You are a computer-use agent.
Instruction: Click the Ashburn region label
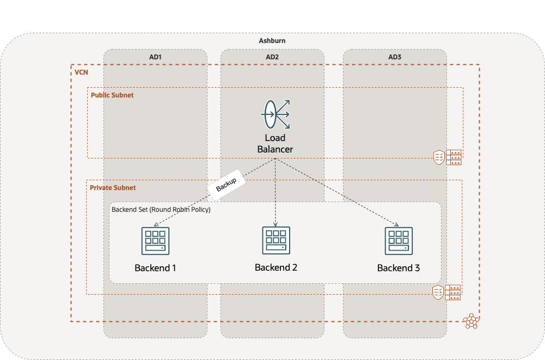(x=272, y=41)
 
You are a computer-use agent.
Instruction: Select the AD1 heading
(x=155, y=57)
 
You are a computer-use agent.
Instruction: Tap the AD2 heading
(x=272, y=57)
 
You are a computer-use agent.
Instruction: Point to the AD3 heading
(x=395, y=57)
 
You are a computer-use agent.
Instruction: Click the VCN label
(x=81, y=72)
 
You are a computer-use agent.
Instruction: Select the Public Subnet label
(x=112, y=95)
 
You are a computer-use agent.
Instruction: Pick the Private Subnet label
(x=113, y=187)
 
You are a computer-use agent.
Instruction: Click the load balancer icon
(x=275, y=114)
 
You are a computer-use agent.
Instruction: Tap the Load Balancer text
(x=275, y=143)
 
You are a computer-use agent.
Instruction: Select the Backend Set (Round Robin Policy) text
(x=161, y=209)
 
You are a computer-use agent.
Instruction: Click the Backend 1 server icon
(x=155, y=241)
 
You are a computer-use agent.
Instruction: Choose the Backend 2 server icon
(x=275, y=240)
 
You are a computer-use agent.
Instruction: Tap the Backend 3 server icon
(x=399, y=241)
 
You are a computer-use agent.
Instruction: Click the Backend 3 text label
(x=399, y=268)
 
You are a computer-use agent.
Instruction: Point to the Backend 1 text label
(x=155, y=268)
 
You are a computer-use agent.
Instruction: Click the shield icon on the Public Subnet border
(x=438, y=157)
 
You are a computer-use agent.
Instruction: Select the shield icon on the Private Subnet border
(x=438, y=292)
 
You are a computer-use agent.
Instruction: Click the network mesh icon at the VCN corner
(x=470, y=321)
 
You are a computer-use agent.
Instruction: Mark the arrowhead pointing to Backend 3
(x=397, y=224)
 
